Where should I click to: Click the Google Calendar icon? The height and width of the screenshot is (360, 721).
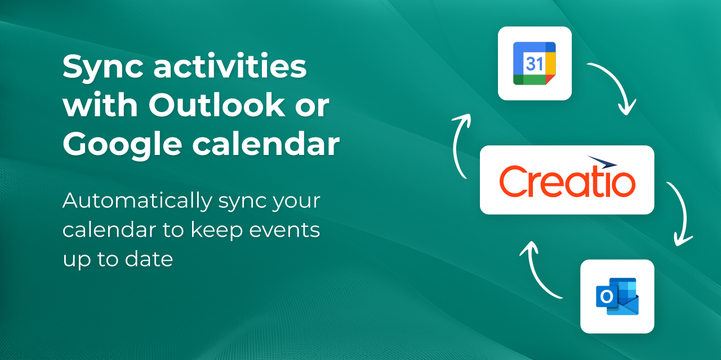click(535, 63)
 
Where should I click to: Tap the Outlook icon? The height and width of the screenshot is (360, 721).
click(617, 296)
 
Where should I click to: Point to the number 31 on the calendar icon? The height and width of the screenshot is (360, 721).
click(535, 64)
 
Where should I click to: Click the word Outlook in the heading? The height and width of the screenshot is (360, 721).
click(216, 105)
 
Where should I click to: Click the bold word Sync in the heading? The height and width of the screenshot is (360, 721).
click(103, 68)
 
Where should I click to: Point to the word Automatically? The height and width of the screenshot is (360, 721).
click(137, 201)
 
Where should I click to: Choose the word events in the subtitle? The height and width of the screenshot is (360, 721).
click(284, 230)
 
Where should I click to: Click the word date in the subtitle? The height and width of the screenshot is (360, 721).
click(149, 259)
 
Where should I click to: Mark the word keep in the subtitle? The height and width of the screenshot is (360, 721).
click(217, 230)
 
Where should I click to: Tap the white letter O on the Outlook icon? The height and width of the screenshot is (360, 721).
click(607, 296)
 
